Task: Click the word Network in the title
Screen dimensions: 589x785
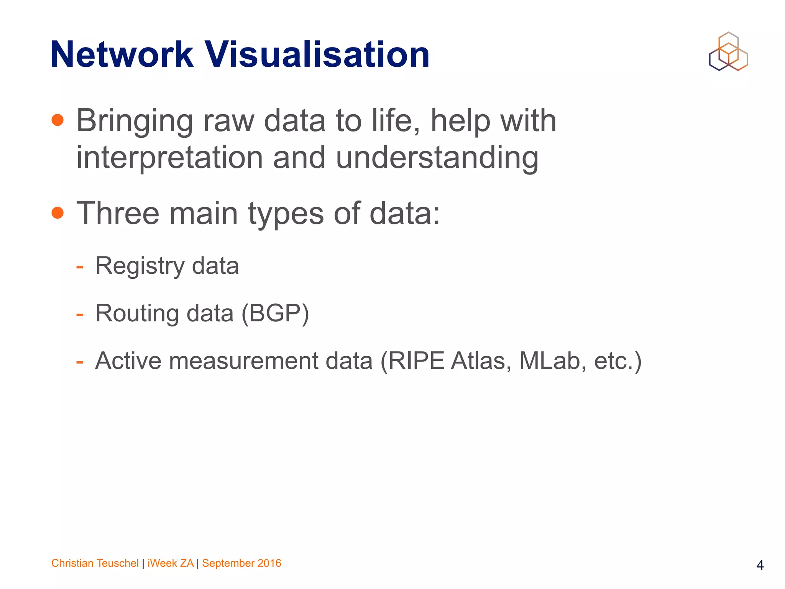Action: [122, 55]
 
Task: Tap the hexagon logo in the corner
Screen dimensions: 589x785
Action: [728, 52]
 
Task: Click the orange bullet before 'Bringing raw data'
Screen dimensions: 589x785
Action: [57, 120]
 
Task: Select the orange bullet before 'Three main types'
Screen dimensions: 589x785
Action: [57, 212]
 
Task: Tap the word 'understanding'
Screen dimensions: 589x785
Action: [437, 158]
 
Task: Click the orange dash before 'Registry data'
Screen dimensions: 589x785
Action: [80, 267]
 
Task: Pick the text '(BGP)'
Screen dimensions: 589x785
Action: [275, 314]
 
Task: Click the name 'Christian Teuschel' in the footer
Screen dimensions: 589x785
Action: [95, 563]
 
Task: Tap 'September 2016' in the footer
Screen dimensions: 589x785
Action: [241, 563]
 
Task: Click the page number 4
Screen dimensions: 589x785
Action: [760, 565]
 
